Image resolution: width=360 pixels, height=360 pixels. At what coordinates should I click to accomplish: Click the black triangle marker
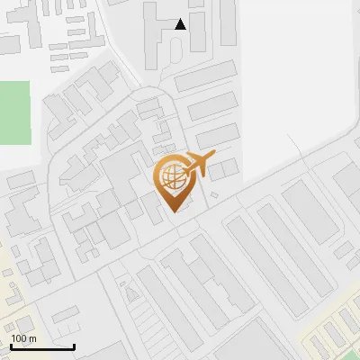tap(181, 24)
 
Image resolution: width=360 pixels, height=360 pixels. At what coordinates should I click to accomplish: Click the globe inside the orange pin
tap(171, 176)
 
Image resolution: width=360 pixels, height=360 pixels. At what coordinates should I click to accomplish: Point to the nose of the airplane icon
tap(212, 156)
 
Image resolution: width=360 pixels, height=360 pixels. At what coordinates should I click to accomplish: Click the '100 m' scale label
tap(23, 338)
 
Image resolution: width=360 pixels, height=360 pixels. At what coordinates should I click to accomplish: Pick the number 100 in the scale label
tap(19, 338)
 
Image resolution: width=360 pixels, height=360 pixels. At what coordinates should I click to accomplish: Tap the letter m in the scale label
tap(32, 338)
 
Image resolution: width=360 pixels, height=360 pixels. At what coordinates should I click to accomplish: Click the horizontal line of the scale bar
tap(42, 346)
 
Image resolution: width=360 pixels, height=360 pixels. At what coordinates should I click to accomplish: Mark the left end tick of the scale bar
tap(11, 345)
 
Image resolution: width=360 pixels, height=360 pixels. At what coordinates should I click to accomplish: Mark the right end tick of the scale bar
tap(74, 345)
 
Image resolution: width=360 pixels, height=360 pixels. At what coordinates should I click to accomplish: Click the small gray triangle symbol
tap(132, 293)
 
